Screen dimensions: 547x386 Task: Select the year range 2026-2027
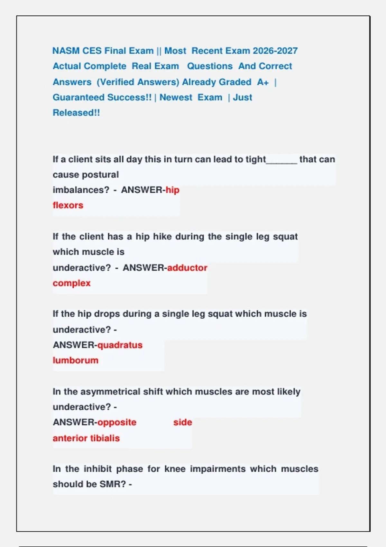click(x=275, y=51)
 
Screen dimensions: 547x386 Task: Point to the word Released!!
click(x=76, y=113)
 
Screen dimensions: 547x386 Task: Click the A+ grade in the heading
click(x=263, y=82)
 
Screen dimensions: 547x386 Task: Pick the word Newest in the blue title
click(x=176, y=97)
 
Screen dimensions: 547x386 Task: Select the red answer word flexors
click(x=68, y=205)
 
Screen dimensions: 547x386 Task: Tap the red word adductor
click(x=187, y=268)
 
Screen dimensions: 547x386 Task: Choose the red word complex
click(x=72, y=283)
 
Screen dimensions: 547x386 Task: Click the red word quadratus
click(x=120, y=345)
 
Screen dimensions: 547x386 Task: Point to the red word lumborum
click(x=76, y=360)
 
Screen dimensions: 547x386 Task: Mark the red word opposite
click(x=117, y=422)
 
